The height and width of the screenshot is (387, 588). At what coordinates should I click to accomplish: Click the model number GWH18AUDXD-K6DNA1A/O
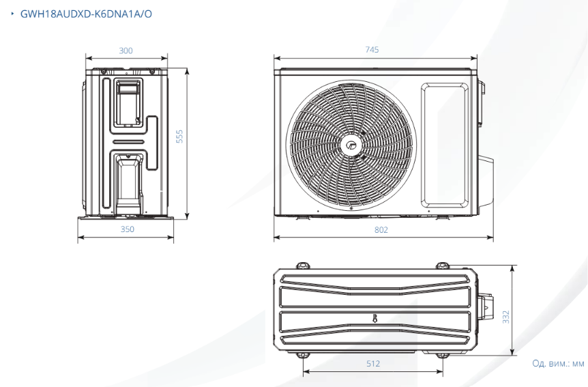[86, 14]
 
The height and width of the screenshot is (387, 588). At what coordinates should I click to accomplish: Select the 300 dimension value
[126, 51]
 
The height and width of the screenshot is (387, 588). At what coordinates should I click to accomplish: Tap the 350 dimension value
[127, 229]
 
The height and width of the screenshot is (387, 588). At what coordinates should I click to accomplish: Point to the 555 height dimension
[179, 137]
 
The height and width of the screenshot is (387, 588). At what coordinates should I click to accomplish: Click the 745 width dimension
[372, 50]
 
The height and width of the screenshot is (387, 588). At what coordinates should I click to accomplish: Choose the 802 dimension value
[381, 230]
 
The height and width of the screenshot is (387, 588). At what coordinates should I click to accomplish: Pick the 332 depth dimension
[506, 317]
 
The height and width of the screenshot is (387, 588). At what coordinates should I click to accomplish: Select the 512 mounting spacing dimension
[373, 363]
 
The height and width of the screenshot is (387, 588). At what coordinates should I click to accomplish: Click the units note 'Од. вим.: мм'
[558, 363]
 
